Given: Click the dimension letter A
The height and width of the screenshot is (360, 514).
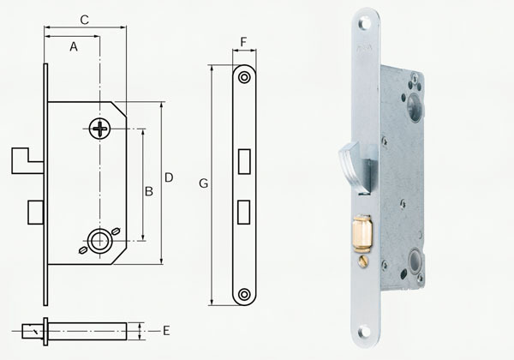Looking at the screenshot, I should tap(74, 48).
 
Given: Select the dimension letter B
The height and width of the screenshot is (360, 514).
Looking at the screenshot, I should tap(148, 191).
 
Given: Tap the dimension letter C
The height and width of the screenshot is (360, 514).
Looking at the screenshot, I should tap(84, 19).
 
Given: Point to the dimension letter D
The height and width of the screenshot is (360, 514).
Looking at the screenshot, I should tap(169, 177).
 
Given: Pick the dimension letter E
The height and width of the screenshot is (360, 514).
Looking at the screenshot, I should tap(166, 330).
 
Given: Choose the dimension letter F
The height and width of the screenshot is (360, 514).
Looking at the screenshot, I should tap(244, 41).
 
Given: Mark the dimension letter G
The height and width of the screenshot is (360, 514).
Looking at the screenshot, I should tap(203, 183).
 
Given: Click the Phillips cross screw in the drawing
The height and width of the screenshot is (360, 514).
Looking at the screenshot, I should tap(100, 129).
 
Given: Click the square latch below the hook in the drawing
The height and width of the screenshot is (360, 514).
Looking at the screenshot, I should tap(35, 209).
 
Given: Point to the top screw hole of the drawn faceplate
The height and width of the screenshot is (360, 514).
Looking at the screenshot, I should tap(244, 77).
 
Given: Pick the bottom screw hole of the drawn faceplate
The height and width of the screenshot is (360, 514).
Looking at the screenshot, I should tap(244, 294).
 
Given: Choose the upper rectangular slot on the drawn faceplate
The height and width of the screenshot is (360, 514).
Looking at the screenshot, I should tap(244, 159).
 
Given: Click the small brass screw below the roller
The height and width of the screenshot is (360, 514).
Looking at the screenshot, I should tap(363, 260).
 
